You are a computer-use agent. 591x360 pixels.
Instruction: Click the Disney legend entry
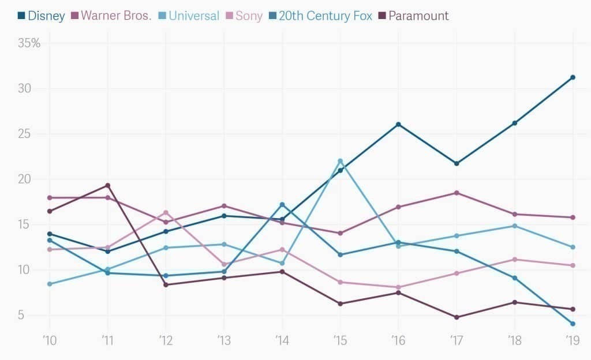coord(41,16)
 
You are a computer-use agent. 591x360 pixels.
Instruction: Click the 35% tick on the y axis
coord(29,43)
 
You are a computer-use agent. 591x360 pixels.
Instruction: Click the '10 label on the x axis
coord(50,340)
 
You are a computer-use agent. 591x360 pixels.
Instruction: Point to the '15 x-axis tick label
coord(340,340)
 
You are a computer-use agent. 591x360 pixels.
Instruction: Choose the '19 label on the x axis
coord(572,340)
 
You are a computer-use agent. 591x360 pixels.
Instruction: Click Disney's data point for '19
coord(573,77)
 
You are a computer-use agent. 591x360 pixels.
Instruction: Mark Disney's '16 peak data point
coord(398,125)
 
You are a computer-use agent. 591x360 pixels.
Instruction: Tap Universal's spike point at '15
coord(341,161)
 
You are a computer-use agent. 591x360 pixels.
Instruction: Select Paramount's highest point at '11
coord(107,186)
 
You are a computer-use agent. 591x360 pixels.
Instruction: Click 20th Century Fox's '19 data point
coord(573,324)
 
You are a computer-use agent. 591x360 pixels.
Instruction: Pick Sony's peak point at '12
coord(166,212)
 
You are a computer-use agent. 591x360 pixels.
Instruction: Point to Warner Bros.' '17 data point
coord(457,193)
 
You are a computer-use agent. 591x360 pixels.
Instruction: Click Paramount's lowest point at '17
coord(457,317)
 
